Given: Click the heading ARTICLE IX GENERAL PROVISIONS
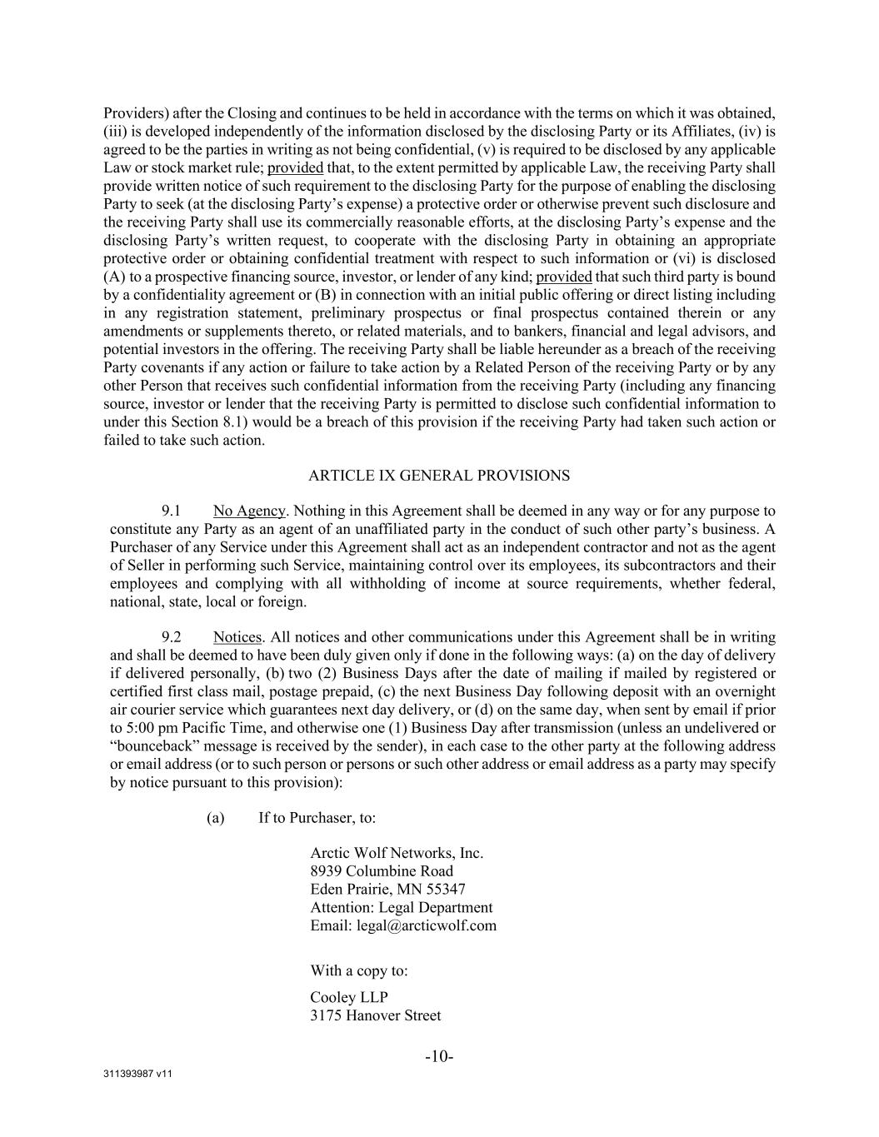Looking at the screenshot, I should click(439, 476).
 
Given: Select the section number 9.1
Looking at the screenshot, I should click(172, 511).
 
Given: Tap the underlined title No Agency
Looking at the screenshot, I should click(249, 511).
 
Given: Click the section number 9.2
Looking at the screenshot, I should click(172, 637).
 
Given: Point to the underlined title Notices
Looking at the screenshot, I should click(237, 637).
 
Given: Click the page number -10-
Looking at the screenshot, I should click(439, 1057).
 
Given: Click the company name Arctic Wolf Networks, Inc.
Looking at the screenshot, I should click(397, 853).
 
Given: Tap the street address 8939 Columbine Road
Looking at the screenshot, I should click(382, 871).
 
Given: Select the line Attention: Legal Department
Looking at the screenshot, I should click(401, 907).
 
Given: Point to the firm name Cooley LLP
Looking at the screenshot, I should click(349, 997).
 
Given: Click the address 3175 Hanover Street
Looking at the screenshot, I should click(375, 1015).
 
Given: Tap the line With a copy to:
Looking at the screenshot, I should click(359, 970).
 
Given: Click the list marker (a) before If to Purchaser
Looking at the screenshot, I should click(216, 817).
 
